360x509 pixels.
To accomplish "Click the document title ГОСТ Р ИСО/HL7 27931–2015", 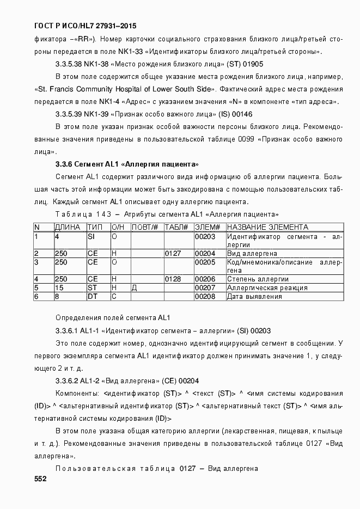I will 85,26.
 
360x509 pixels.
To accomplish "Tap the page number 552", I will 40,479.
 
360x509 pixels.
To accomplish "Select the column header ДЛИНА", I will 68,227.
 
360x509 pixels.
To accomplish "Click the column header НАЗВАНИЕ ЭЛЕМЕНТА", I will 267,227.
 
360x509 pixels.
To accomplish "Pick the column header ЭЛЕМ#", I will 208,227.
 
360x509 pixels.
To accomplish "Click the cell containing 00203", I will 205,237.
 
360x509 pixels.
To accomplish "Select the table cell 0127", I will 173,254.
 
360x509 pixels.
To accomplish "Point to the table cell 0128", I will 173,279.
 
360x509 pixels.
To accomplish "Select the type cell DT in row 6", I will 92,297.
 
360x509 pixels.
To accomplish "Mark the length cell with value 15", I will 59,288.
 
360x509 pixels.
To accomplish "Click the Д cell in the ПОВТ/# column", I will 134,288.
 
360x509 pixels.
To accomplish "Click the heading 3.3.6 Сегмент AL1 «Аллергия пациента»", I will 127,164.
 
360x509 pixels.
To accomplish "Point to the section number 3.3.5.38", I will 69,64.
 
